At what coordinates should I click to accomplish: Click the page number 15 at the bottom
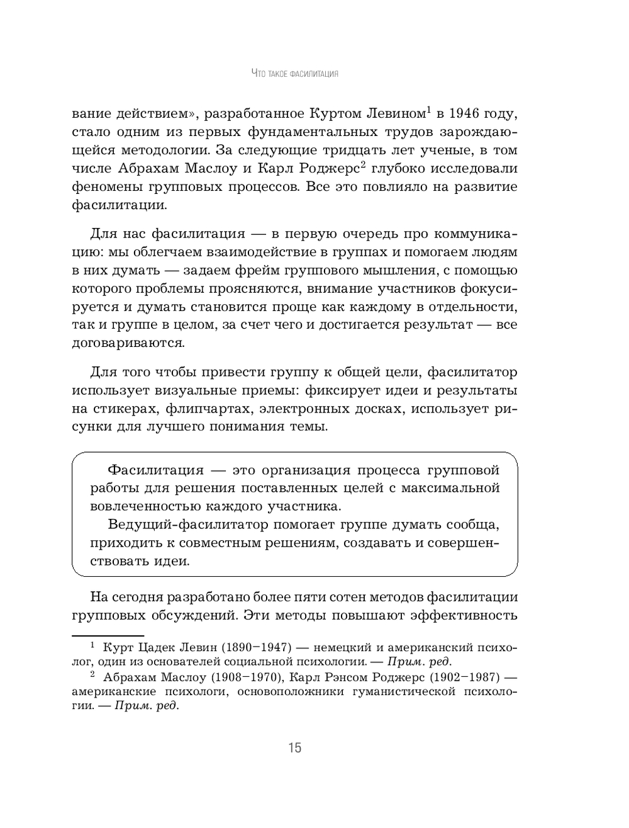[295, 747]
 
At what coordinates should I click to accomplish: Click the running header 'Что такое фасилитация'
[295, 74]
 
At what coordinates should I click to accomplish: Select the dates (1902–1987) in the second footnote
[465, 678]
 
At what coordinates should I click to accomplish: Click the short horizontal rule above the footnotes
[108, 637]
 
